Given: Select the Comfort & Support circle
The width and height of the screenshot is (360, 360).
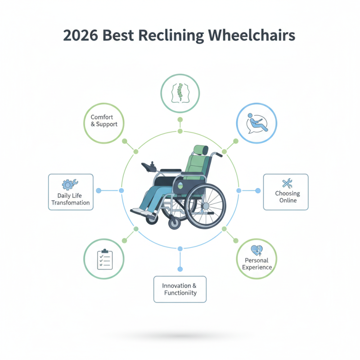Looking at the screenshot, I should [104, 121].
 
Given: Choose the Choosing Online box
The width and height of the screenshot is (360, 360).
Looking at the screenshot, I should [286, 192].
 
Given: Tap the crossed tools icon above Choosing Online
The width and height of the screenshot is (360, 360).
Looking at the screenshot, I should [287, 183].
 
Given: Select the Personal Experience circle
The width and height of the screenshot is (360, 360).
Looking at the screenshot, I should [256, 258].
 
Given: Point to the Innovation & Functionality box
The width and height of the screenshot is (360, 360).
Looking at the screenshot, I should [180, 289].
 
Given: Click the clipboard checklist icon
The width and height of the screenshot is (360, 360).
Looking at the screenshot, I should [104, 259].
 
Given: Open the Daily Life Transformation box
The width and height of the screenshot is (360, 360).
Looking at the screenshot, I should [71, 193].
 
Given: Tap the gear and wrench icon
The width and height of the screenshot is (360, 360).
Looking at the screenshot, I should [70, 184].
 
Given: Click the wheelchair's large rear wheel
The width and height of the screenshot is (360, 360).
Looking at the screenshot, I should [205, 206].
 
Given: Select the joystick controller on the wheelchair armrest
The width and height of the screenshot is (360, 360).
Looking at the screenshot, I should [150, 167].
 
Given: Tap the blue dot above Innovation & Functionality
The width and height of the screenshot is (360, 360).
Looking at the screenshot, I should [180, 269].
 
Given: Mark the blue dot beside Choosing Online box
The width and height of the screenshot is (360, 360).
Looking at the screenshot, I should [258, 191].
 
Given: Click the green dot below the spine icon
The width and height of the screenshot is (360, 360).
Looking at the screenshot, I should [180, 120].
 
